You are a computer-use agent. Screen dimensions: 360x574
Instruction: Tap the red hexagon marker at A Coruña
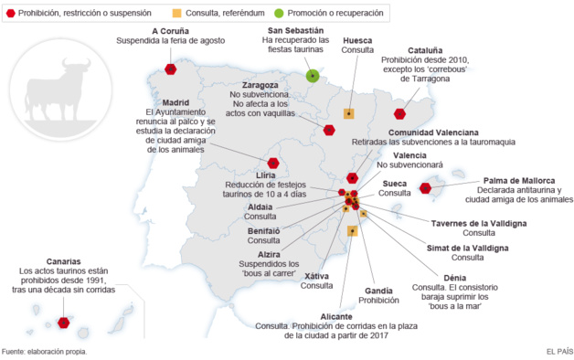pyautogui.click(x=171, y=69)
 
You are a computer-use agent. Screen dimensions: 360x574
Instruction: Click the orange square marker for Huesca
pyautogui.click(x=348, y=113)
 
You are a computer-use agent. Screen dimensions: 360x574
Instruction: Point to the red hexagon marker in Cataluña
pyautogui.click(x=399, y=114)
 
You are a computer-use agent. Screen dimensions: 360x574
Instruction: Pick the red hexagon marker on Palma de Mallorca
pyautogui.click(x=425, y=188)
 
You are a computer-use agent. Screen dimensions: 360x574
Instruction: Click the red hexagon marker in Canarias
pyautogui.click(x=64, y=322)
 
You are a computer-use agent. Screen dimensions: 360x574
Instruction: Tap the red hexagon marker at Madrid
pyautogui.click(x=272, y=164)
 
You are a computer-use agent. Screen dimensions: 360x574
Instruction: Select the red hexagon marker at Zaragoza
pyautogui.click(x=329, y=131)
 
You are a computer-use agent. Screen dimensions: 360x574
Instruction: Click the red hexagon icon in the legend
pyautogui.click(x=11, y=13)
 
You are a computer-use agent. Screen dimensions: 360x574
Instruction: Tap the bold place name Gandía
pyautogui.click(x=379, y=290)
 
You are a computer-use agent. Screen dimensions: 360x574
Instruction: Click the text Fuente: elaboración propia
pyautogui.click(x=45, y=352)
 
